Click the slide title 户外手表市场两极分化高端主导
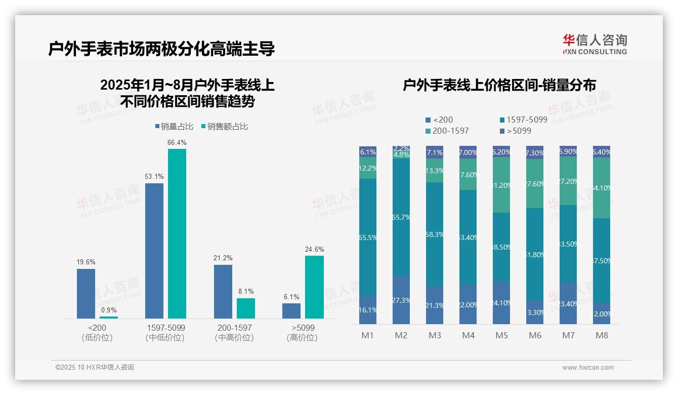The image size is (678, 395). pyautogui.click(x=161, y=49)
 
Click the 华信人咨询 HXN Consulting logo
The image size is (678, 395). pyautogui.click(x=595, y=44)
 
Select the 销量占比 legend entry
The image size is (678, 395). pyautogui.click(x=174, y=127)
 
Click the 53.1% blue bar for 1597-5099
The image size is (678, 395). pyautogui.click(x=154, y=251)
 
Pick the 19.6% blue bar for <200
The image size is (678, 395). pyautogui.click(x=86, y=294)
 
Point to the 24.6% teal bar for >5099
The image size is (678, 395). pyautogui.click(x=314, y=287)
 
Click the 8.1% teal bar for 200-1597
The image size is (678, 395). pyautogui.click(x=246, y=308)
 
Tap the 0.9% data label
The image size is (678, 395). pyautogui.click(x=109, y=310)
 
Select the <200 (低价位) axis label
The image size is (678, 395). pyautogui.click(x=97, y=333)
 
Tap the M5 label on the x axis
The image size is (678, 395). pyautogui.click(x=501, y=335)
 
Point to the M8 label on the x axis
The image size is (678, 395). pyautogui.click(x=602, y=335)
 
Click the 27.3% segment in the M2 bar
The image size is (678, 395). pyautogui.click(x=401, y=300)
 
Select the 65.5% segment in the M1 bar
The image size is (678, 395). pyautogui.click(x=368, y=237)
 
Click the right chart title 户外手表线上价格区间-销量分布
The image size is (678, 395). pyautogui.click(x=499, y=85)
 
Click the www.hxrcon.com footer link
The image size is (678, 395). pyautogui.click(x=588, y=368)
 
